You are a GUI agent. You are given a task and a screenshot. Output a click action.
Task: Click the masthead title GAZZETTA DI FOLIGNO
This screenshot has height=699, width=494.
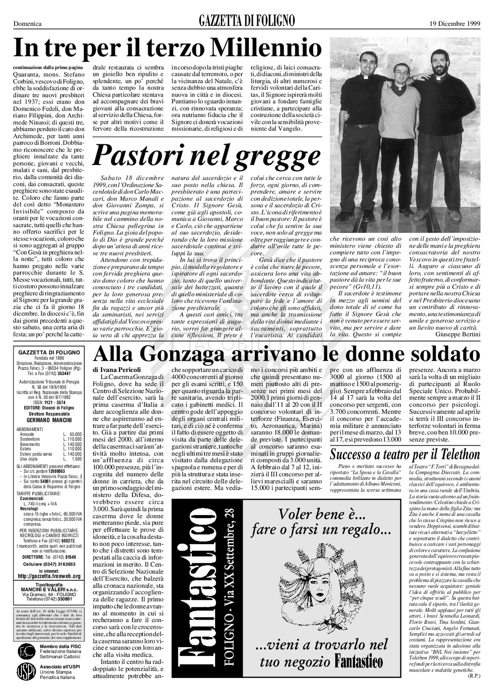point(247,21)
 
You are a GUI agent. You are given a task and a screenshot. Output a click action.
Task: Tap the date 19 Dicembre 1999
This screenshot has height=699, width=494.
point(455,24)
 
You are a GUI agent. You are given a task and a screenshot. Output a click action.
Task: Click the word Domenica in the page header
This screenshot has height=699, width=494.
point(28,24)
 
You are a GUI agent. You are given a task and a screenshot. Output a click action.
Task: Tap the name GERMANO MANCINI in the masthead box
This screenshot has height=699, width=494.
point(49,420)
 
